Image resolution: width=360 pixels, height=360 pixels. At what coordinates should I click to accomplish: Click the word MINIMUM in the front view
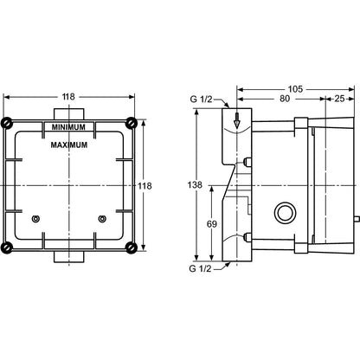(68, 127)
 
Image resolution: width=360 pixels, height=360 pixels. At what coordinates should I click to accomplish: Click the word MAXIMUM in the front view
(69, 145)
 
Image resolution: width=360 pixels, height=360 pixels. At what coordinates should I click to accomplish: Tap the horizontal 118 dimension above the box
(68, 97)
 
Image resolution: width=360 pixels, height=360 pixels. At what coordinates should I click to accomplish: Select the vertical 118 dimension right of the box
(145, 186)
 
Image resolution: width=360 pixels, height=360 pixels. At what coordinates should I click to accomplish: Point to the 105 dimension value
(295, 89)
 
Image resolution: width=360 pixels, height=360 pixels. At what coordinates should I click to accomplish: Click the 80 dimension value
(285, 99)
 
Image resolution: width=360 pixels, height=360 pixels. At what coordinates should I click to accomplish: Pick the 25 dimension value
(339, 99)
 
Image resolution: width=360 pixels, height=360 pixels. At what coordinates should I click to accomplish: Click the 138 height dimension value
(195, 184)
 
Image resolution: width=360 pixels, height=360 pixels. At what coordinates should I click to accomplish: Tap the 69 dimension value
(212, 224)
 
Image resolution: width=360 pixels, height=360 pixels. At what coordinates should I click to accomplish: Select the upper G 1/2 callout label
(201, 100)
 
